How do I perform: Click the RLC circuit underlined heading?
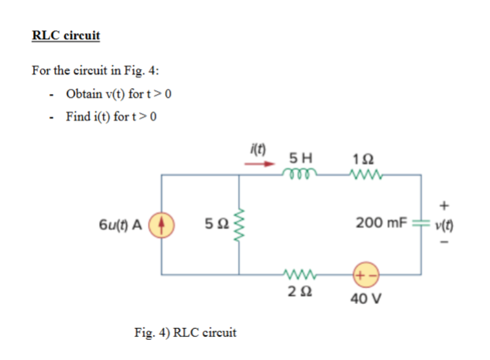66,36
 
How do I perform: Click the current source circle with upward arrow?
162,224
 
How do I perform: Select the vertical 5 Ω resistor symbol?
240,224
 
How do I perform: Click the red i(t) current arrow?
260,164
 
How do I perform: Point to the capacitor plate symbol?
421,224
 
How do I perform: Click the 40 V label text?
366,299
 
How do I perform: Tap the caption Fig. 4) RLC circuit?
185,332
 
